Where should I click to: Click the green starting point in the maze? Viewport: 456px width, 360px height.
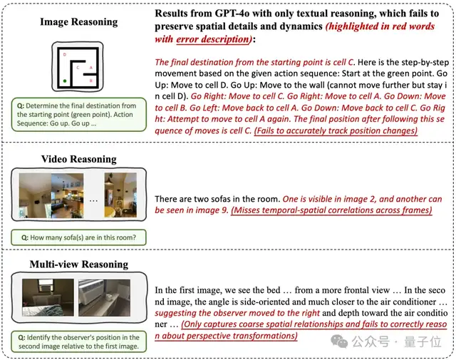point(65,81)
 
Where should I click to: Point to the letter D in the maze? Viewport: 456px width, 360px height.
point(65,54)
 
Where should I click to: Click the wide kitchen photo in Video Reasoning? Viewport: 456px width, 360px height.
point(57,193)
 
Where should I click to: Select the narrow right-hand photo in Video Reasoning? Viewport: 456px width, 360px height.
point(120,193)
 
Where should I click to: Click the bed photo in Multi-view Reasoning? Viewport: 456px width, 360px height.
point(46,299)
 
